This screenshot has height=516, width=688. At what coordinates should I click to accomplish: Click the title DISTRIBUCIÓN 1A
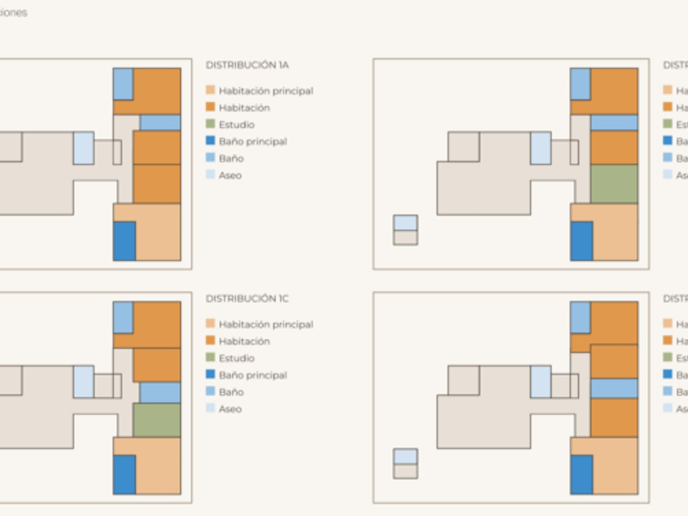(247, 65)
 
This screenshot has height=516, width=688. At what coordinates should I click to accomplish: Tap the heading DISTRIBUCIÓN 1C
(247, 299)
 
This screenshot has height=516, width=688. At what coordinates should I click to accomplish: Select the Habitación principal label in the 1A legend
(265, 91)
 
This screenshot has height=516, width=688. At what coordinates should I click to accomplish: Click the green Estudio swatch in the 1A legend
(210, 124)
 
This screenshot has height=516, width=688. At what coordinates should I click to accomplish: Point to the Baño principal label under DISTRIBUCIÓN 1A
(252, 142)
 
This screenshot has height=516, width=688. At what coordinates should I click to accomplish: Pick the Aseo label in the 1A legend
(230, 175)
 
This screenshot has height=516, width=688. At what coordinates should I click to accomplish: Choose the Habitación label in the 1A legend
(244, 108)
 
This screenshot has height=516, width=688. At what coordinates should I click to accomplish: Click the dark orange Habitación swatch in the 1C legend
(210, 342)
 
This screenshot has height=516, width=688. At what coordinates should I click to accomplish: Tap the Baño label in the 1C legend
(231, 392)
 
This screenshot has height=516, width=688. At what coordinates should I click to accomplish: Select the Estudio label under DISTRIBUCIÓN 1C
(236, 359)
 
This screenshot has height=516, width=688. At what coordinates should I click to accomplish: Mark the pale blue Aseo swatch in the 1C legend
(210, 409)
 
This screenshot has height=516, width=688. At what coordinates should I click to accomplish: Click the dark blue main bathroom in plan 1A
(124, 241)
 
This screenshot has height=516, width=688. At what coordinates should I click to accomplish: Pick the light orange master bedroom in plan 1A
(157, 233)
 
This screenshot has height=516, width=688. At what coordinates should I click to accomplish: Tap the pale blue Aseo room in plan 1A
(84, 147)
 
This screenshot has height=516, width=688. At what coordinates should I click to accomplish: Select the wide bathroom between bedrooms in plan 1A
(160, 123)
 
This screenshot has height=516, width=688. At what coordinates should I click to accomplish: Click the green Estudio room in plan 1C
(156, 419)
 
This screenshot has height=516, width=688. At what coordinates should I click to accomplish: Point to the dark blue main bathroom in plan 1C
(124, 474)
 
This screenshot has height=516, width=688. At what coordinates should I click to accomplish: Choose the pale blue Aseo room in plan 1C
(84, 382)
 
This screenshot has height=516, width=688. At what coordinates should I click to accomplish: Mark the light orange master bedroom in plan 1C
(157, 467)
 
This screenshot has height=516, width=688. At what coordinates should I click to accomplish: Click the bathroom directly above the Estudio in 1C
(160, 392)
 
